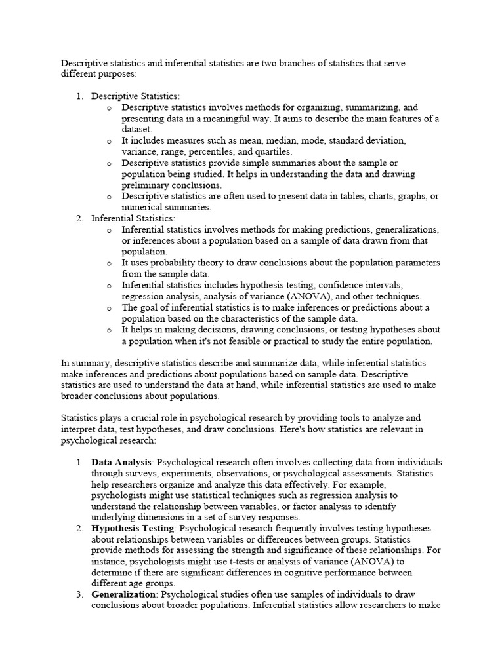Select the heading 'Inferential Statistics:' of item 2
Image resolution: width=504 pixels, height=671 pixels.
click(x=133, y=218)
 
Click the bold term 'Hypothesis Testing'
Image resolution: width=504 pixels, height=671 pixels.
click(x=133, y=527)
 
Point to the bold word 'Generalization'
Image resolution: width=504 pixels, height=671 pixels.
click(x=123, y=594)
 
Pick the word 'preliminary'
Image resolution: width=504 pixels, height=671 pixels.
click(x=145, y=185)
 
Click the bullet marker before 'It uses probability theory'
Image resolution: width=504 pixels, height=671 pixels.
click(x=109, y=263)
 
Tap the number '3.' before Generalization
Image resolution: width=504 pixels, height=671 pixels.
click(x=79, y=594)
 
